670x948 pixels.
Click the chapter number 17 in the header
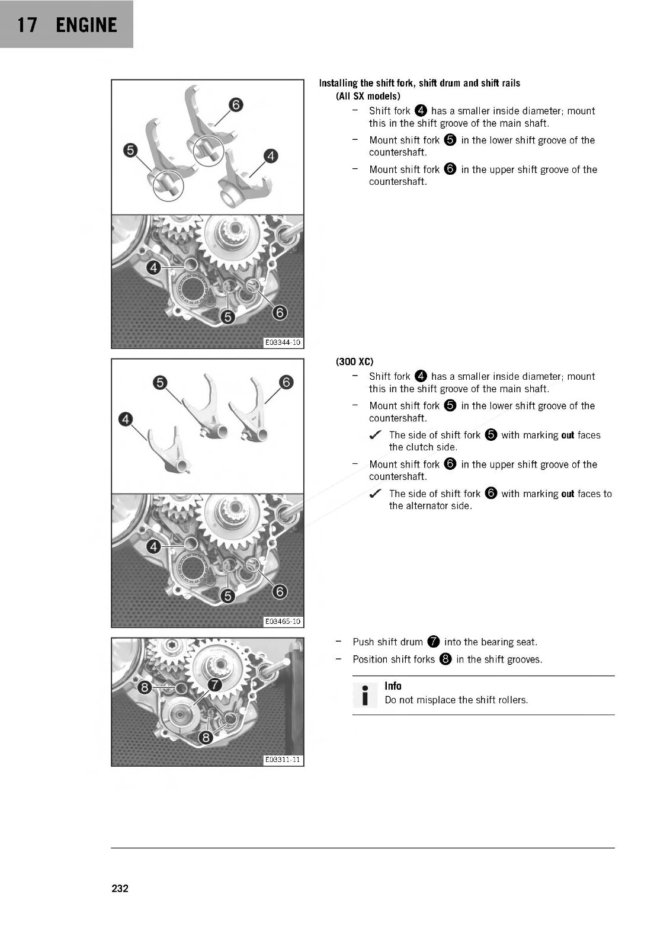(27, 25)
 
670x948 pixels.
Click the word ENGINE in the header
(86, 25)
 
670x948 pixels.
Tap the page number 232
(120, 888)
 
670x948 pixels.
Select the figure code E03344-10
(283, 342)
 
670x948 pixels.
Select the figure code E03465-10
(283, 622)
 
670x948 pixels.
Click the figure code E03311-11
(283, 760)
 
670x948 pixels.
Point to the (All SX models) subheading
(368, 96)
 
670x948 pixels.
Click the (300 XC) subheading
(354, 361)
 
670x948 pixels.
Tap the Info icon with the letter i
(365, 695)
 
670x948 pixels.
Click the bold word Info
(393, 686)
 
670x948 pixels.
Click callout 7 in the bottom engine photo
(214, 685)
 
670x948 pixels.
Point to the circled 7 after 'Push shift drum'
(434, 642)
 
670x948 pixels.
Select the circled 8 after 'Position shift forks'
(445, 659)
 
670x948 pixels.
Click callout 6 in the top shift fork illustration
(236, 105)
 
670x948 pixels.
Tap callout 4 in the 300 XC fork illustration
(126, 419)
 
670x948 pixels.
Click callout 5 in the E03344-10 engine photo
(227, 318)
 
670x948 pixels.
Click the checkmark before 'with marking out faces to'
(374, 494)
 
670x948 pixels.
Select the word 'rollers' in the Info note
(512, 700)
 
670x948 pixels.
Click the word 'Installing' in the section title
(338, 83)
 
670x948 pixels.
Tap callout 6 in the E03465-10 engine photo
(280, 591)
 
